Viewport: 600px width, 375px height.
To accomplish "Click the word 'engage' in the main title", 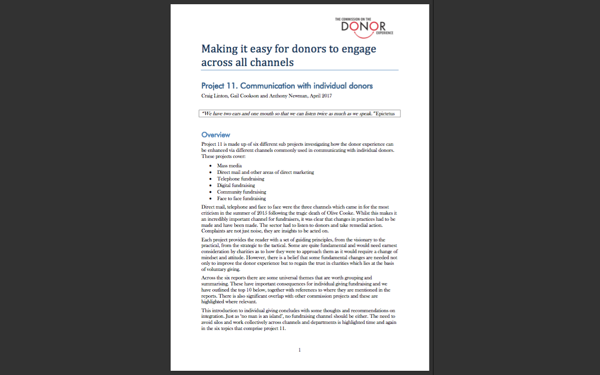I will coord(356,49).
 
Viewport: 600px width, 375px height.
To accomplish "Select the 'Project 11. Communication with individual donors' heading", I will coord(287,86).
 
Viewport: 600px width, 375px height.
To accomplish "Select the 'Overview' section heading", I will coord(216,135).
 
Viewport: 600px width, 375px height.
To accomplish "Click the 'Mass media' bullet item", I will coord(229,166).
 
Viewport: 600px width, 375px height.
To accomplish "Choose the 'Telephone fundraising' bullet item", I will coord(240,179).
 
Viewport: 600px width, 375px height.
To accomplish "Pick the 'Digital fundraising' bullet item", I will coord(236,186).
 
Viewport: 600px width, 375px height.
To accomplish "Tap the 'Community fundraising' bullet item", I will coord(241,192).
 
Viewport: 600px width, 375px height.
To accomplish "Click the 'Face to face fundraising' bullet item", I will coord(241,199).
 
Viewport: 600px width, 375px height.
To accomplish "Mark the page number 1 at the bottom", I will coord(300,350).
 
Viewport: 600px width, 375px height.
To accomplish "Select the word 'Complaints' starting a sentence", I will coord(213,231).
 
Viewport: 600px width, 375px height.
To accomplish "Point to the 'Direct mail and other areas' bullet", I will coord(265,172).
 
